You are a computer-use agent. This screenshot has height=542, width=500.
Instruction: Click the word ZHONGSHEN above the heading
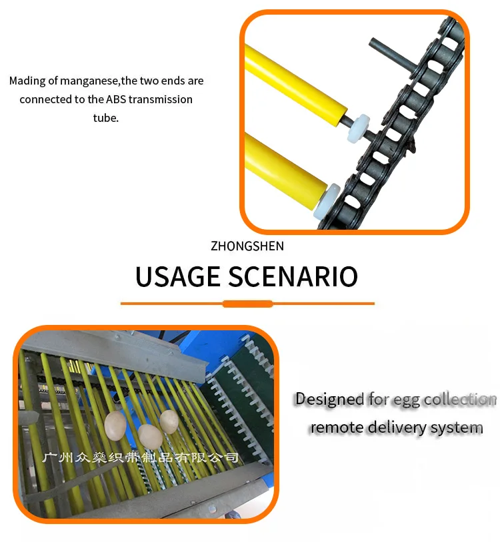[x=247, y=246]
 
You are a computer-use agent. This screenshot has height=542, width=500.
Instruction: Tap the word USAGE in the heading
[x=178, y=276]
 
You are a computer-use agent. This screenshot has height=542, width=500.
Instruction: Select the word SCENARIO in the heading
[x=293, y=276]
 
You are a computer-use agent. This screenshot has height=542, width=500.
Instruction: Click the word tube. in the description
[x=106, y=118]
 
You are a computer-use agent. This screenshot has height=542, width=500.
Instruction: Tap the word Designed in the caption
[x=329, y=400]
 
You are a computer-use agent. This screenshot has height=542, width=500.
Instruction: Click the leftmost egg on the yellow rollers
[x=115, y=425]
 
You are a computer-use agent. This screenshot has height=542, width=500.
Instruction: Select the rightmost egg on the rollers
[x=169, y=421]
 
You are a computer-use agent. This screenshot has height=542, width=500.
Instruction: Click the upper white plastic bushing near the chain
[x=359, y=129]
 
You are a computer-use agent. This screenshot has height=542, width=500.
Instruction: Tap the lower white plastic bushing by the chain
[x=327, y=201]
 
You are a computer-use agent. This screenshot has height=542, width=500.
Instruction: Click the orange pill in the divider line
[x=248, y=304]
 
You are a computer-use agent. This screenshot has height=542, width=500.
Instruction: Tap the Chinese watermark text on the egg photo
[x=141, y=457]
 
